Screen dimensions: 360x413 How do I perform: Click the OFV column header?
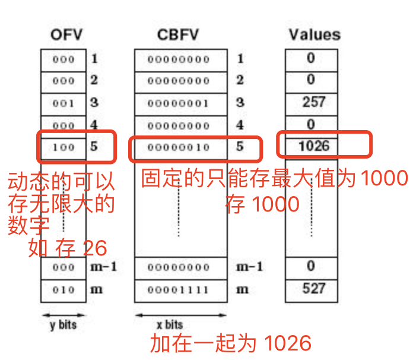coord(64,34)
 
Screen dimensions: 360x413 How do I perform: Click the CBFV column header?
coord(178,34)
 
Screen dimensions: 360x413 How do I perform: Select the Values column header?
coord(314,34)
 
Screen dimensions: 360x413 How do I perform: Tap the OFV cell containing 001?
coord(64,103)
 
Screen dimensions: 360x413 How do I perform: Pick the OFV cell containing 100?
coord(64,147)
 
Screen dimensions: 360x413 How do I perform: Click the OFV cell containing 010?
coord(64,290)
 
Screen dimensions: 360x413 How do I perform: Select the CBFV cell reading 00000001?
coord(179,103)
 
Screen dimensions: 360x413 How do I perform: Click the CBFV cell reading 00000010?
coord(179,147)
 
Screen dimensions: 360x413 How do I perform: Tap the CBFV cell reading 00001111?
coord(179,290)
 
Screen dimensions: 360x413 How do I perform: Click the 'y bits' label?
coord(63,325)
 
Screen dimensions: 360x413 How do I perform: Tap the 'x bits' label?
coord(169,326)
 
